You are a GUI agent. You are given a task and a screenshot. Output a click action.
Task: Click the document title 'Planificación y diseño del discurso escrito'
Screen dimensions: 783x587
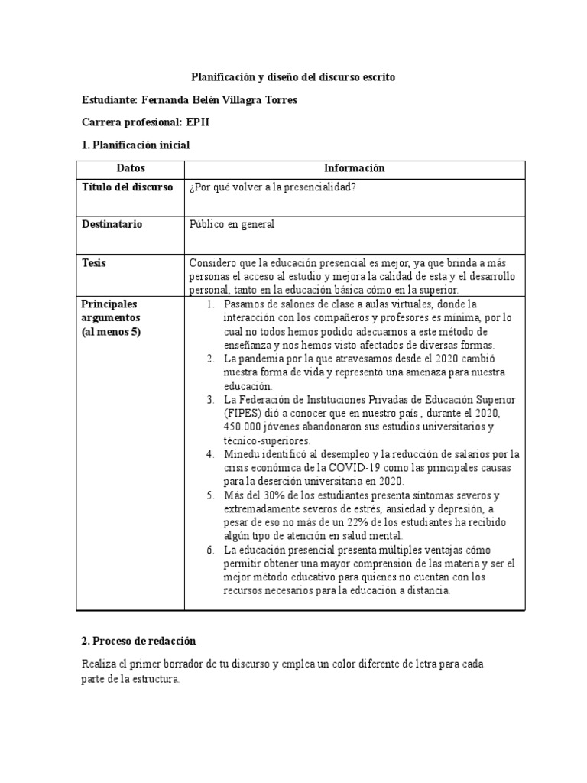point(293,78)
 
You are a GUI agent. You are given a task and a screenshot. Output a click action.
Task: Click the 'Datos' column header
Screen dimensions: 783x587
point(131,168)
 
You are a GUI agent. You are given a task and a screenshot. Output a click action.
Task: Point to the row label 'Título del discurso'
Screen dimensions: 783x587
point(128,187)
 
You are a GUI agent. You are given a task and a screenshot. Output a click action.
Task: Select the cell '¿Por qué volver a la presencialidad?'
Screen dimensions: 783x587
point(273,188)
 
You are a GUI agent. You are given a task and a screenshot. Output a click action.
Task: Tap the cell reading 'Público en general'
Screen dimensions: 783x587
point(232,225)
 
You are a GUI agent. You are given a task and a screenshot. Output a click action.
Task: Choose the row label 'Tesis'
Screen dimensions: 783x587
point(94,263)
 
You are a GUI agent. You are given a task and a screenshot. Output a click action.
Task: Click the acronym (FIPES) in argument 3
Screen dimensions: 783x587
point(241,414)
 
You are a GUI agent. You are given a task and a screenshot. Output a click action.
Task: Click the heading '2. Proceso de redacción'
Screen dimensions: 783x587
point(139,640)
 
